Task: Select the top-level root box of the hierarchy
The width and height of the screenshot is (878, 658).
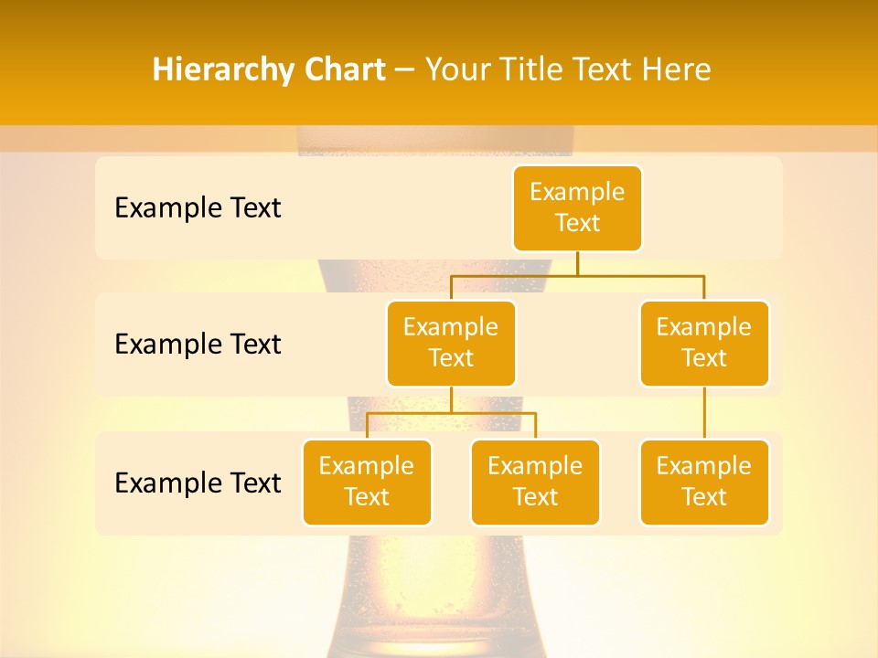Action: point(577,207)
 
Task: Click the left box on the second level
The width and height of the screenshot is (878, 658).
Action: point(451,343)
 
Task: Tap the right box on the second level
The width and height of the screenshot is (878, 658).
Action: point(704,343)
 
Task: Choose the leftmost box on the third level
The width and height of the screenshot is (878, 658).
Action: point(367,482)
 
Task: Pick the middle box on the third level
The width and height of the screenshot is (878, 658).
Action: point(535,482)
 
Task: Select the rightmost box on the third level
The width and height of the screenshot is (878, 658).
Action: point(704,482)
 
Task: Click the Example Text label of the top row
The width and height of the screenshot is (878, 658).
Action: point(198,207)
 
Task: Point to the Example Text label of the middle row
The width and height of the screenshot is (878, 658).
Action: point(198,344)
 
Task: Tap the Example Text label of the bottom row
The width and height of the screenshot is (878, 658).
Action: point(198,483)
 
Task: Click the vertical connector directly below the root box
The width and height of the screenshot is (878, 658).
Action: point(577,263)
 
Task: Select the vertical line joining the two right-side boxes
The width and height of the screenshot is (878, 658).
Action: point(704,413)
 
